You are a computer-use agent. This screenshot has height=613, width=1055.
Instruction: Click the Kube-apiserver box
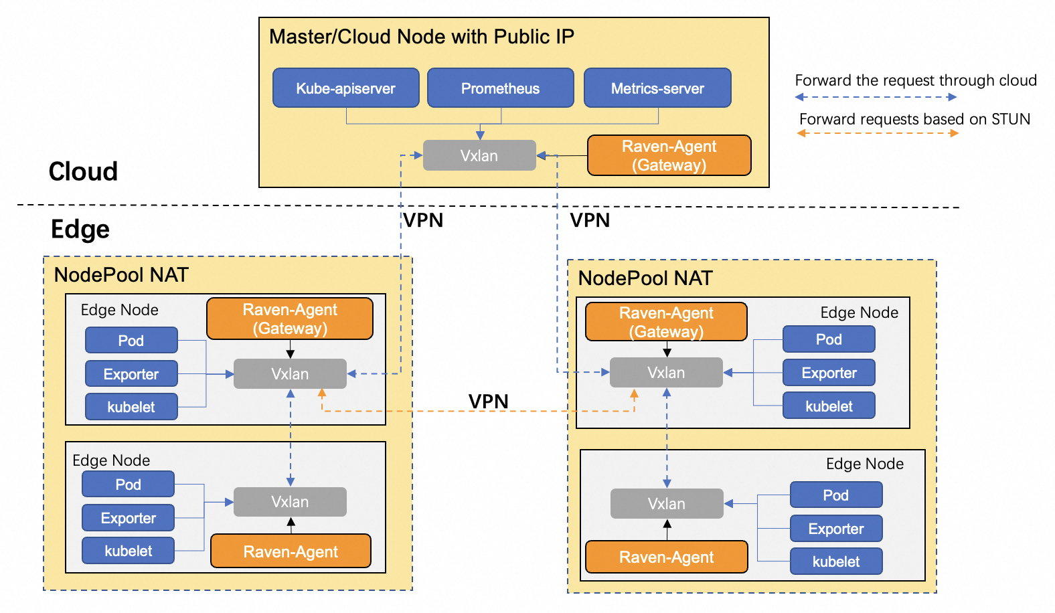pos(345,88)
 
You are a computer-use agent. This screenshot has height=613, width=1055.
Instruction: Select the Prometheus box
pos(500,88)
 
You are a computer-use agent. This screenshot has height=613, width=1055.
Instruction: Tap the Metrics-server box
pos(657,88)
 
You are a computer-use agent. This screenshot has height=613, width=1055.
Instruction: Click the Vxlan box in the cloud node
pos(479,155)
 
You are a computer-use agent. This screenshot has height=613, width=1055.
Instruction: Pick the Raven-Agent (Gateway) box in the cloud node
pos(669,155)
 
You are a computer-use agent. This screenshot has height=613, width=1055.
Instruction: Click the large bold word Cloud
pos(83,171)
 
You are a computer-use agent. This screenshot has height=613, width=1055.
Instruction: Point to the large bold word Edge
pos(80,229)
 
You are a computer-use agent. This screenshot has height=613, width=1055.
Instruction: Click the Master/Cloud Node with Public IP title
pos(421,36)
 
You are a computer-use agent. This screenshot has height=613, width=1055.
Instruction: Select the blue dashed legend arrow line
pos(876,97)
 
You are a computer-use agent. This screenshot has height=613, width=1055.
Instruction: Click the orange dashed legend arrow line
pos(877,133)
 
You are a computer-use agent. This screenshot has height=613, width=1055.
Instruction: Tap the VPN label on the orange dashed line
pos(488,401)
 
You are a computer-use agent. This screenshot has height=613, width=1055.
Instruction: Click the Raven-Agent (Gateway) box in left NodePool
pos(289,319)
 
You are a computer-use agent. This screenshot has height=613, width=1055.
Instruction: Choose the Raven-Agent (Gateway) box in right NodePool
pos(665,322)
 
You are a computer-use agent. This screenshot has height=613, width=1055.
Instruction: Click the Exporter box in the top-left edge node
pos(131,373)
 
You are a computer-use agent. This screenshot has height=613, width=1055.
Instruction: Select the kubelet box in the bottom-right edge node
pos(835,561)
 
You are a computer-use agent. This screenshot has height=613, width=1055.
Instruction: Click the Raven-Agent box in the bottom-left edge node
pos(290,551)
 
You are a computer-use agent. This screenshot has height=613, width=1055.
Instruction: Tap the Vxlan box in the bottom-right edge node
pos(666,503)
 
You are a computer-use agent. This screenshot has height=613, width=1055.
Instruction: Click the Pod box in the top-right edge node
pos(828,339)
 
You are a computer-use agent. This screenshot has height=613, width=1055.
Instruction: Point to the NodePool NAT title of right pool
pos(645,278)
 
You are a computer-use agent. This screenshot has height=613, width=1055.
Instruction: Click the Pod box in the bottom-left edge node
pos(128,484)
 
